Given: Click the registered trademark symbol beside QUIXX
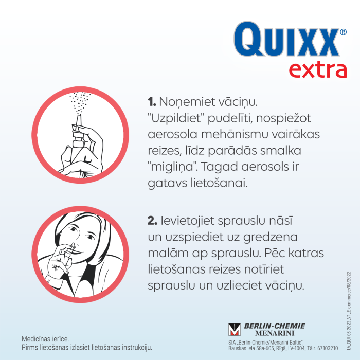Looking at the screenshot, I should click(343, 32).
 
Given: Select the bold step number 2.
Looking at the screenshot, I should click(152, 221).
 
